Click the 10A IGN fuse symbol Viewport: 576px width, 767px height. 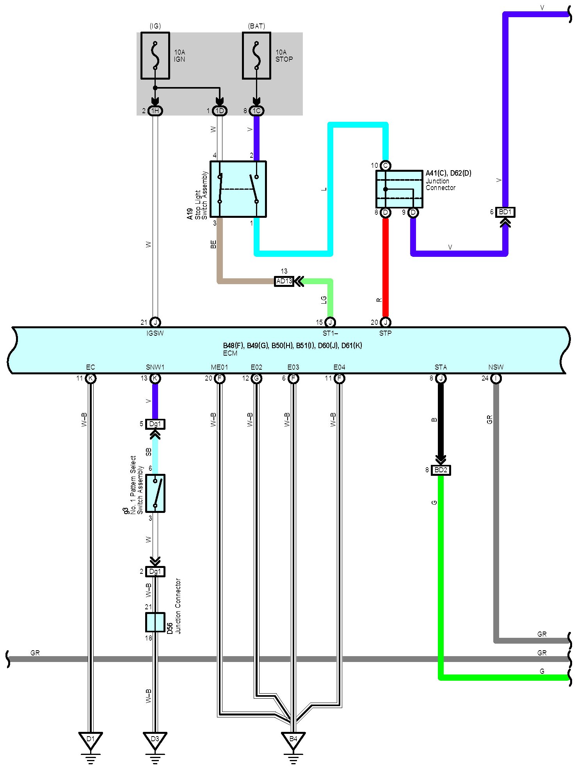[x=155, y=55]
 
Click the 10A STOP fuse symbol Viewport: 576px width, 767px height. [x=256, y=55]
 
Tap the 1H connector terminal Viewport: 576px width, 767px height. [x=155, y=111]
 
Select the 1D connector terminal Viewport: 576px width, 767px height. [x=220, y=111]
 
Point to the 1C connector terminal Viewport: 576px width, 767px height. [x=256, y=111]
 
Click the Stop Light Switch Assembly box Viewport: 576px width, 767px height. [x=238, y=189]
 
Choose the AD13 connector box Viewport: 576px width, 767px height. [x=284, y=281]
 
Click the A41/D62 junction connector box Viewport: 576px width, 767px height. [x=399, y=189]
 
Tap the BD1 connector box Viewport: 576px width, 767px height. [x=505, y=212]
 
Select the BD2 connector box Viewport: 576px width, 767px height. [x=441, y=470]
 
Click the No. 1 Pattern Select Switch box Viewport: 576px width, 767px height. [x=155, y=493]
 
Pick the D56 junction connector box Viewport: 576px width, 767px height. [x=155, y=622]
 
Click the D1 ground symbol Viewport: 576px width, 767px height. [x=91, y=740]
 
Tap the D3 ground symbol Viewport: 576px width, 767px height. [x=155, y=740]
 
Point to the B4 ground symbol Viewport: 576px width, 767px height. [x=293, y=740]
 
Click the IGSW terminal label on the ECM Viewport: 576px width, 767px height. [x=155, y=333]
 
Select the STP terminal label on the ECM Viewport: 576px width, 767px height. [x=385, y=333]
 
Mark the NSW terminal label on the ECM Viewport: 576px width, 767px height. [x=496, y=367]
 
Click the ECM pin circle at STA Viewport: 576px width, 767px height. [x=441, y=378]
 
